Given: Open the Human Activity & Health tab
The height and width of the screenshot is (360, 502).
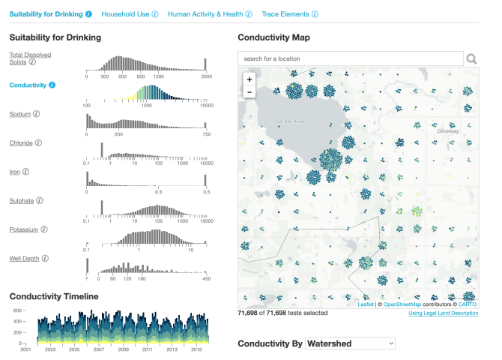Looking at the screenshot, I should (205, 14).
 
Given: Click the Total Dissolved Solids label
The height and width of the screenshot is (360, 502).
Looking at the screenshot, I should (25, 58).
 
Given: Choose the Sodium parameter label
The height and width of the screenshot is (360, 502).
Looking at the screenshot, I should (20, 114).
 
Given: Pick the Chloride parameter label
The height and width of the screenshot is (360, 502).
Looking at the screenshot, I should (21, 142).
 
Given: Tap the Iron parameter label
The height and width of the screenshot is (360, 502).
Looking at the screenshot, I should (15, 171).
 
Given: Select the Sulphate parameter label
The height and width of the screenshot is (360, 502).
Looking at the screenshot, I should (22, 200).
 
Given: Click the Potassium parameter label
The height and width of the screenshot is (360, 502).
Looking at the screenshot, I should (23, 229).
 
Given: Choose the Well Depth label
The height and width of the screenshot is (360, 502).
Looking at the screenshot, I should (24, 258).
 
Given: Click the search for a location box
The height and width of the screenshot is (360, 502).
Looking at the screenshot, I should (351, 58).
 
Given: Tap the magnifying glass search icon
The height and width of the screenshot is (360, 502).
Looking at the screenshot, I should (472, 58).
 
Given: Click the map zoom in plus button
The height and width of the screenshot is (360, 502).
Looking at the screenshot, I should (249, 79).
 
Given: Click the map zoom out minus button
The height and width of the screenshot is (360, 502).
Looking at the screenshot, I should (249, 91).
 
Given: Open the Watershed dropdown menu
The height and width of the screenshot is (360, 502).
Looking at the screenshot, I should (351, 343).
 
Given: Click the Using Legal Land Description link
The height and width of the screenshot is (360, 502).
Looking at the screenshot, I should (443, 313).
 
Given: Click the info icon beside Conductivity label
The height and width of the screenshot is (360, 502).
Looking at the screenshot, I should (52, 85).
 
